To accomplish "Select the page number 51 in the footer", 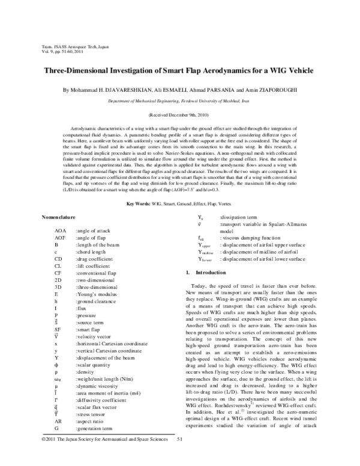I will (179, 456).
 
